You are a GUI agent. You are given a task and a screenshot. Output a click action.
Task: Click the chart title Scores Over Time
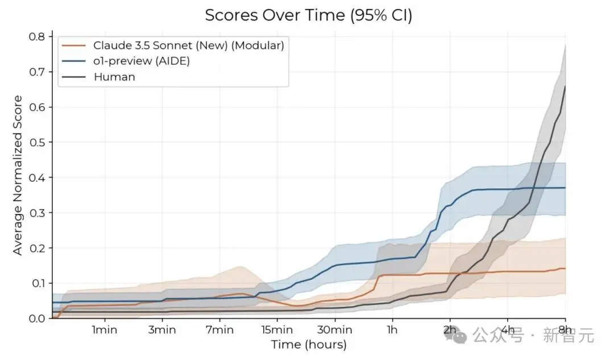308,15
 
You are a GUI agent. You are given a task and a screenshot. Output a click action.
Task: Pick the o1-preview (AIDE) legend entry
142,61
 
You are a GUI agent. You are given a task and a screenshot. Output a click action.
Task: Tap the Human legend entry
114,77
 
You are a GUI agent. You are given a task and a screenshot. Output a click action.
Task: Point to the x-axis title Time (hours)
308,345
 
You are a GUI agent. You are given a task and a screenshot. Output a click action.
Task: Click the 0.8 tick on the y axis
38,37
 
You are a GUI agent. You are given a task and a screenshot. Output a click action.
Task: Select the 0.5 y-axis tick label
38,142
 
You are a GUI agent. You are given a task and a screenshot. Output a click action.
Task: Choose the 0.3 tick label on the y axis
38,213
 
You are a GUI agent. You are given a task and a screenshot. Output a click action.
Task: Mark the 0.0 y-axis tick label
38,318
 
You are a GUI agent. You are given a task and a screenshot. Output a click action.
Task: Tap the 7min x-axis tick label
219,330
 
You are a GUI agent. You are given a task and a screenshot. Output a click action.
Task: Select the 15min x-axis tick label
277,330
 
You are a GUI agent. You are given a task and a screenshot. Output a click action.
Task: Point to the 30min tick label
334,330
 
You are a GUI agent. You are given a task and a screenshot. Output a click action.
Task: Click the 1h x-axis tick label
392,330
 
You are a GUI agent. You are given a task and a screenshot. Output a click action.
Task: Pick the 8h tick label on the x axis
565,330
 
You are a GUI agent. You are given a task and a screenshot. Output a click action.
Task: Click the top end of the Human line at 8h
565,87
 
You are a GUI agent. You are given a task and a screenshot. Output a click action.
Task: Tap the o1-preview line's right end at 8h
565,188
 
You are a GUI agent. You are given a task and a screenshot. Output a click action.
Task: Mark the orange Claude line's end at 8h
565,268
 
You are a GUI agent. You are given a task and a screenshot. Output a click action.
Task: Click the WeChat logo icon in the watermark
462,336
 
